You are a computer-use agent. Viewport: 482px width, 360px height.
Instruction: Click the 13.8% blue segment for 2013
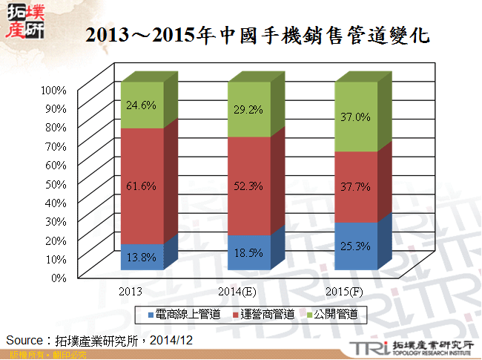[x=142, y=258]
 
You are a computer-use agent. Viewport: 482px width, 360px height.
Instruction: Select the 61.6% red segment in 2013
[x=142, y=186]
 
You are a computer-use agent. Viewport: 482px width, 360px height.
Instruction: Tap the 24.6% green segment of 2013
[x=142, y=105]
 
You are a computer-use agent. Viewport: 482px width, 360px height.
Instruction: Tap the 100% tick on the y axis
[x=54, y=90]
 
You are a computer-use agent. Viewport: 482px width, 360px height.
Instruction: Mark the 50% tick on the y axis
[x=56, y=183]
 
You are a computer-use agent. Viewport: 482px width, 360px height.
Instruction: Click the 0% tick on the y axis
[x=59, y=277]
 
